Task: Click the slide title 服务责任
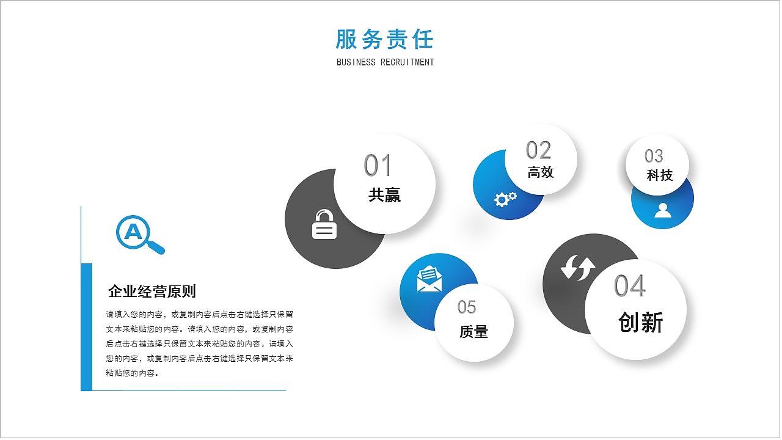(x=384, y=39)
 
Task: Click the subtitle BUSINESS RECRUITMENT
(x=385, y=62)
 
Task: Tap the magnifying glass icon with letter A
(x=139, y=234)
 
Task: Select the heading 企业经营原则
(x=152, y=291)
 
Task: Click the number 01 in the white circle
(x=378, y=166)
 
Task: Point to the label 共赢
(x=384, y=196)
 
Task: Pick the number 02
(x=538, y=150)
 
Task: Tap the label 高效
(x=540, y=172)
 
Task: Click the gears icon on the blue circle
(x=505, y=199)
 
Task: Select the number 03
(x=654, y=156)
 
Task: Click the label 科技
(x=659, y=175)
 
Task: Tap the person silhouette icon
(x=662, y=210)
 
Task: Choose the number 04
(x=629, y=286)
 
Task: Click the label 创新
(x=640, y=322)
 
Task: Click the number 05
(x=467, y=307)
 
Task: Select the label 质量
(x=473, y=332)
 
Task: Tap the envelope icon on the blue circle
(x=429, y=279)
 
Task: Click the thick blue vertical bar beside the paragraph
(x=86, y=327)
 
